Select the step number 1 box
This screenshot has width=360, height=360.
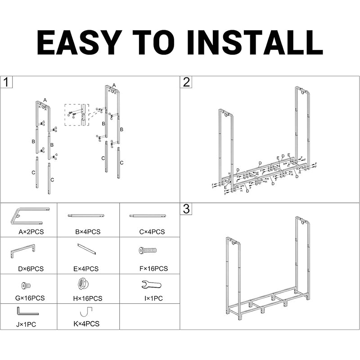pyautogui.click(x=6, y=82)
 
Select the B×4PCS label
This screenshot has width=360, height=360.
pyautogui.click(x=88, y=232)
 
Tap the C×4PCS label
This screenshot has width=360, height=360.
pyautogui.click(x=152, y=232)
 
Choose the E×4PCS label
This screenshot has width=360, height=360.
pyautogui.click(x=88, y=269)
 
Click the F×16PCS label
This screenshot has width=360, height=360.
pyautogui.click(x=153, y=269)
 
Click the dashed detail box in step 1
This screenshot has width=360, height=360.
pyautogui.click(x=76, y=115)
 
